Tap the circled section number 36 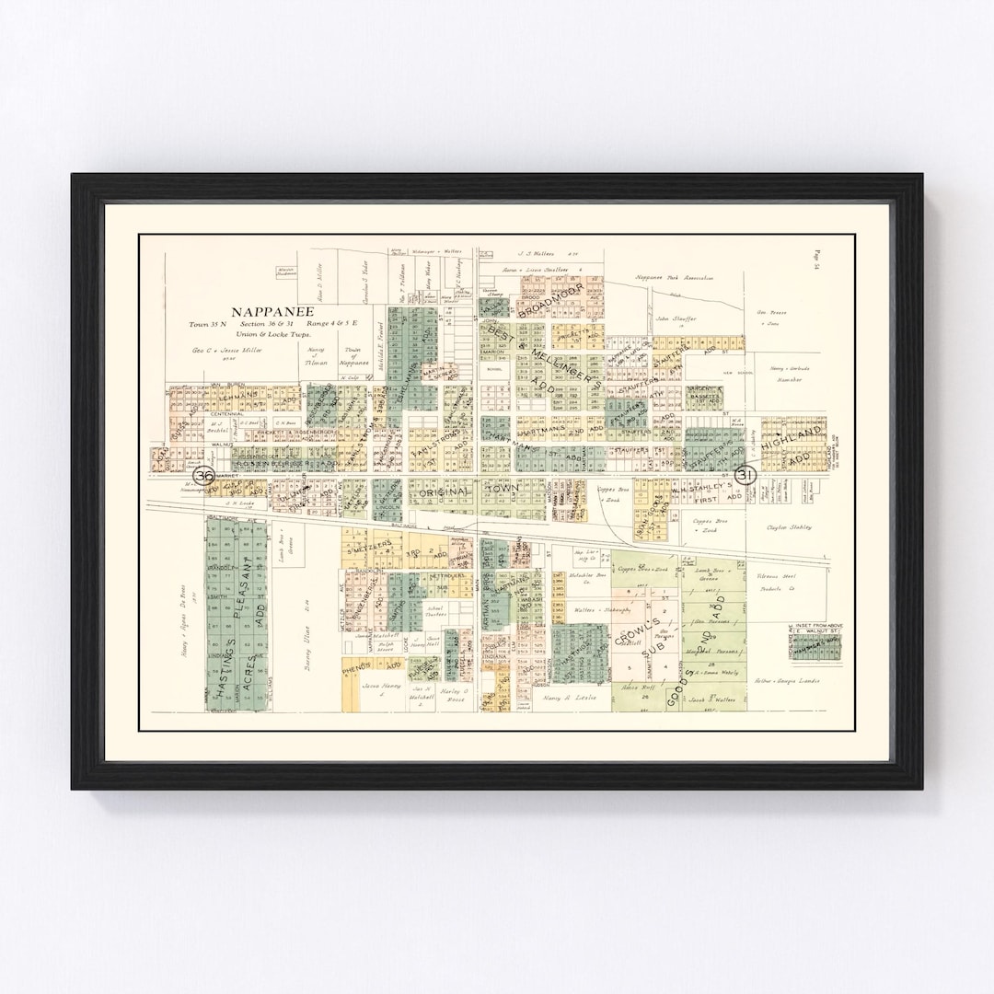tap(204, 475)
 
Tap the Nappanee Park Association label tap(674, 277)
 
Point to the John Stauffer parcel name tap(676, 318)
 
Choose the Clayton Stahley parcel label tap(789, 527)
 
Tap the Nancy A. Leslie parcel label tap(571, 699)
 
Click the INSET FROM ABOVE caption tap(816, 627)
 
